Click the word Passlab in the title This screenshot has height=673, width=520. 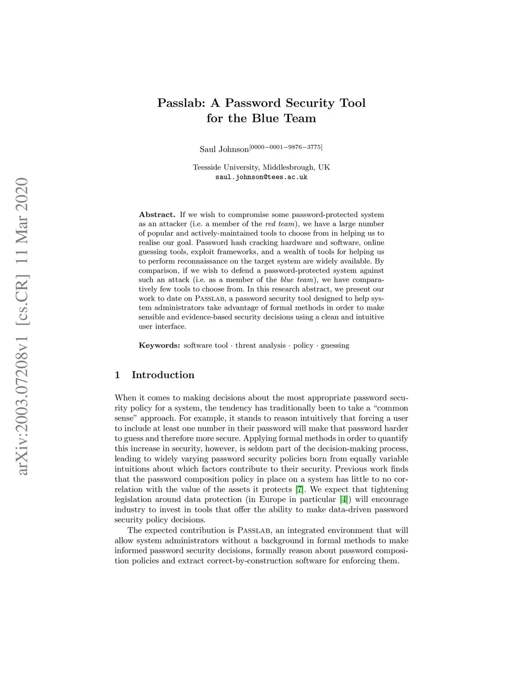point(181,103)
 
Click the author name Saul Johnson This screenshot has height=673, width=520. point(224,149)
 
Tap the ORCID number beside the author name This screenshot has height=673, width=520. point(286,147)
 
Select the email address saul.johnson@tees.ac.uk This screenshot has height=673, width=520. point(261,177)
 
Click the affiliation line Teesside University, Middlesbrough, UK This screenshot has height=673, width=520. point(261,167)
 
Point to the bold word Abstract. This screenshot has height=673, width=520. point(157,215)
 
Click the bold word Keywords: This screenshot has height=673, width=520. point(159,345)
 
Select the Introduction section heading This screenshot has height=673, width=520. point(162,375)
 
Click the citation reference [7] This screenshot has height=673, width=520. point(300,490)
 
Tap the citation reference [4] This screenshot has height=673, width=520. point(343,500)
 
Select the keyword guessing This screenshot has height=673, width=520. point(335,345)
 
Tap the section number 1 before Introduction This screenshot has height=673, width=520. point(117,375)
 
